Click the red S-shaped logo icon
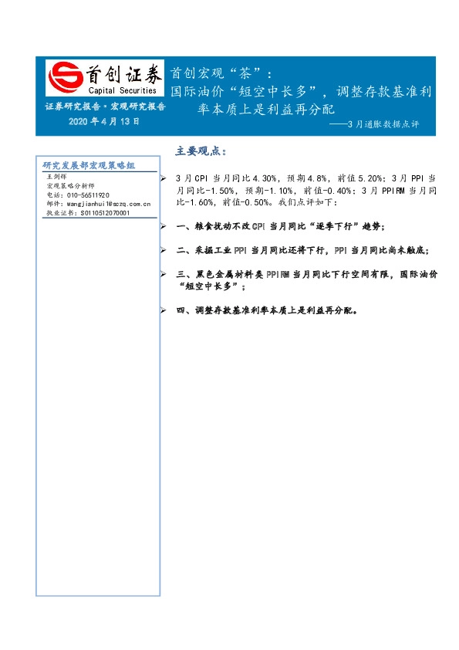tap(63, 76)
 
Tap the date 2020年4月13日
tap(104, 121)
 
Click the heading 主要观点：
tap(201, 150)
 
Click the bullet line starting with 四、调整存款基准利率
tap(266, 310)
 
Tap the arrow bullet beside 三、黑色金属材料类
tap(163, 275)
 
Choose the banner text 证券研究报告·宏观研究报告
tap(105, 107)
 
